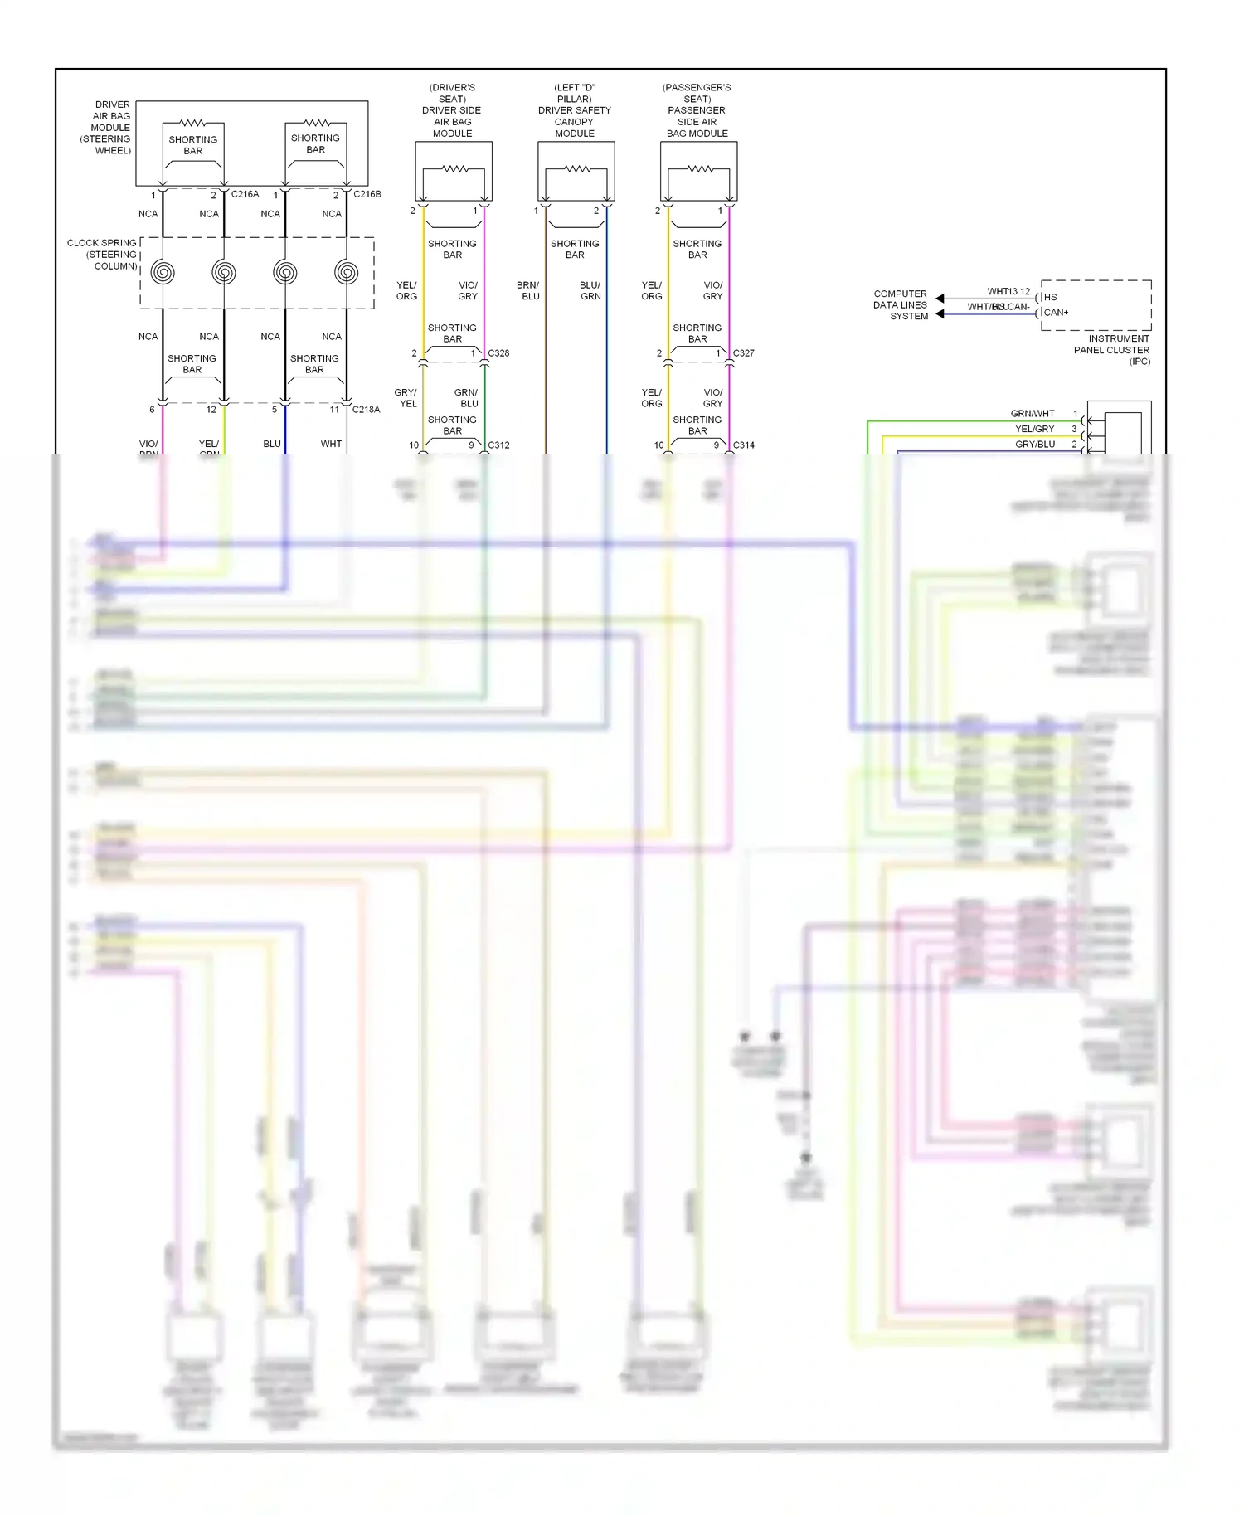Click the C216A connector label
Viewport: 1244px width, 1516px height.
[x=245, y=194]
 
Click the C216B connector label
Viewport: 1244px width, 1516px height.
[x=367, y=194]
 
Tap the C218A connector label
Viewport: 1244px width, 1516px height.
[x=366, y=410]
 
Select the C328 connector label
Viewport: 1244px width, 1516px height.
[x=498, y=353]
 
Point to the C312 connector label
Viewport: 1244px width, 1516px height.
[x=498, y=445]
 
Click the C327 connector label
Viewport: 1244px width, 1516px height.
[x=743, y=353]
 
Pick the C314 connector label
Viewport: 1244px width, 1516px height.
[x=743, y=445]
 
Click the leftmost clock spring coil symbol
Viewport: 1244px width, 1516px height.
[x=163, y=272]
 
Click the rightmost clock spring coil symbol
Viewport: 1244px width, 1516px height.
[x=347, y=272]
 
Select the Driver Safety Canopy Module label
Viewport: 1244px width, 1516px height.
[x=574, y=110]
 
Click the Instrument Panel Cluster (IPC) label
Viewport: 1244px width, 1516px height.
[x=1113, y=350]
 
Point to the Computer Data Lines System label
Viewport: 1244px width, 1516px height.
[x=901, y=305]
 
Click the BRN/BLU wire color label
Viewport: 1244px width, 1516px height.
[x=528, y=290]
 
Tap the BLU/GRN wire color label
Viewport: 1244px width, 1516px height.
[x=590, y=290]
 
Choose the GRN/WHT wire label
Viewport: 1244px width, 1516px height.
[x=1033, y=414]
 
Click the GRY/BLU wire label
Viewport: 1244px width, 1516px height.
[x=1035, y=445]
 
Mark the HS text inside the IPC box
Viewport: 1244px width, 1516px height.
[x=1051, y=297]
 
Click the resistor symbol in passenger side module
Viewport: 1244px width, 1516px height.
[x=699, y=169]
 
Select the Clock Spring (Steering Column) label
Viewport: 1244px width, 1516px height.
[x=103, y=255]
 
